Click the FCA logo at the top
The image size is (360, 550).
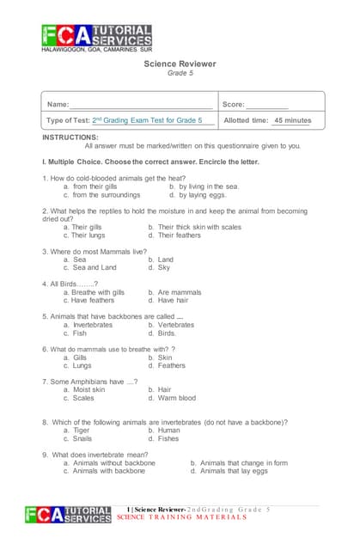pyautogui.click(x=96, y=37)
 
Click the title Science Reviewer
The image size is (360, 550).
pyautogui.click(x=180, y=64)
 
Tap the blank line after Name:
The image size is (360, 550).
pyautogui.click(x=142, y=104)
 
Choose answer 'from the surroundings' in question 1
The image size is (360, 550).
pyautogui.click(x=108, y=195)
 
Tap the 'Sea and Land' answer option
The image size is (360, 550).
pyautogui.click(x=95, y=267)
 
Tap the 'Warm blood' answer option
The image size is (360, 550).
pyautogui.click(x=177, y=398)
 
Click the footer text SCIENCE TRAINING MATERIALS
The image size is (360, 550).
pyautogui.click(x=182, y=518)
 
